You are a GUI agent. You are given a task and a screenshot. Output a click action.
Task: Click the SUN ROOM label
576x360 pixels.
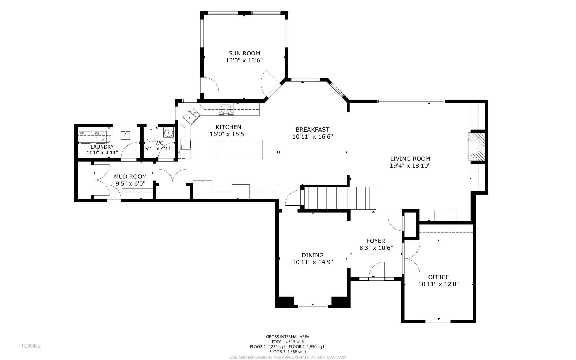click(x=244, y=53)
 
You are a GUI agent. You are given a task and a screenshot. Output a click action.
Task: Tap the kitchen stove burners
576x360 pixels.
click(x=226, y=109)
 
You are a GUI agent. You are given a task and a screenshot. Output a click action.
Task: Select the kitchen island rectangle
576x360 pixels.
click(x=240, y=149)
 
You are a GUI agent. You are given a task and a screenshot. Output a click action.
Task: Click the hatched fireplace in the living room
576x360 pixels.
click(x=477, y=147)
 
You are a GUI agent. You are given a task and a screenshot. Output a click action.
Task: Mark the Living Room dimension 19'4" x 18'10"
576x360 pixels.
click(x=410, y=166)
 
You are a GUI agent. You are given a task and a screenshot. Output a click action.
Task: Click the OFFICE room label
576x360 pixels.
click(x=438, y=277)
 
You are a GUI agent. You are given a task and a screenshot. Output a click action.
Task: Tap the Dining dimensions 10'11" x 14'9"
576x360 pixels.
click(x=313, y=262)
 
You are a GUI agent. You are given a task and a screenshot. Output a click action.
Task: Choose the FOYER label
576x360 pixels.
click(x=376, y=241)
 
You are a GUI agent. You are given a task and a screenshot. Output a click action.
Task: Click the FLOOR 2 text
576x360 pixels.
click(x=31, y=346)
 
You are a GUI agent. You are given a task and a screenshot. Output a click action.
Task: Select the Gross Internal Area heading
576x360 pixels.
click(x=288, y=337)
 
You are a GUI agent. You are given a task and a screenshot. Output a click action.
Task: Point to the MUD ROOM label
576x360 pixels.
click(x=130, y=177)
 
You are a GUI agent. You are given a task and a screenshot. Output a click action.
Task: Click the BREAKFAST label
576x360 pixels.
click(x=312, y=129)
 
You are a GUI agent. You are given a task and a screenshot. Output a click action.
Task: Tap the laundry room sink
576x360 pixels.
click(x=125, y=135)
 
